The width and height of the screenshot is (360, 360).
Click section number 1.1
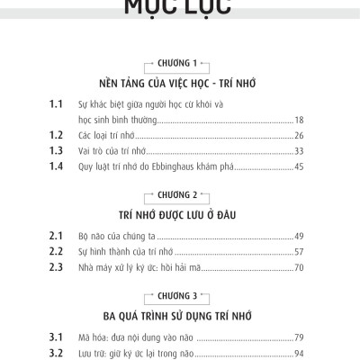coord(58,104)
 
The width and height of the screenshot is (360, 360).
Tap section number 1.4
coord(58,166)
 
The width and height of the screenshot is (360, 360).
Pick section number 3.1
coord(58,337)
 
